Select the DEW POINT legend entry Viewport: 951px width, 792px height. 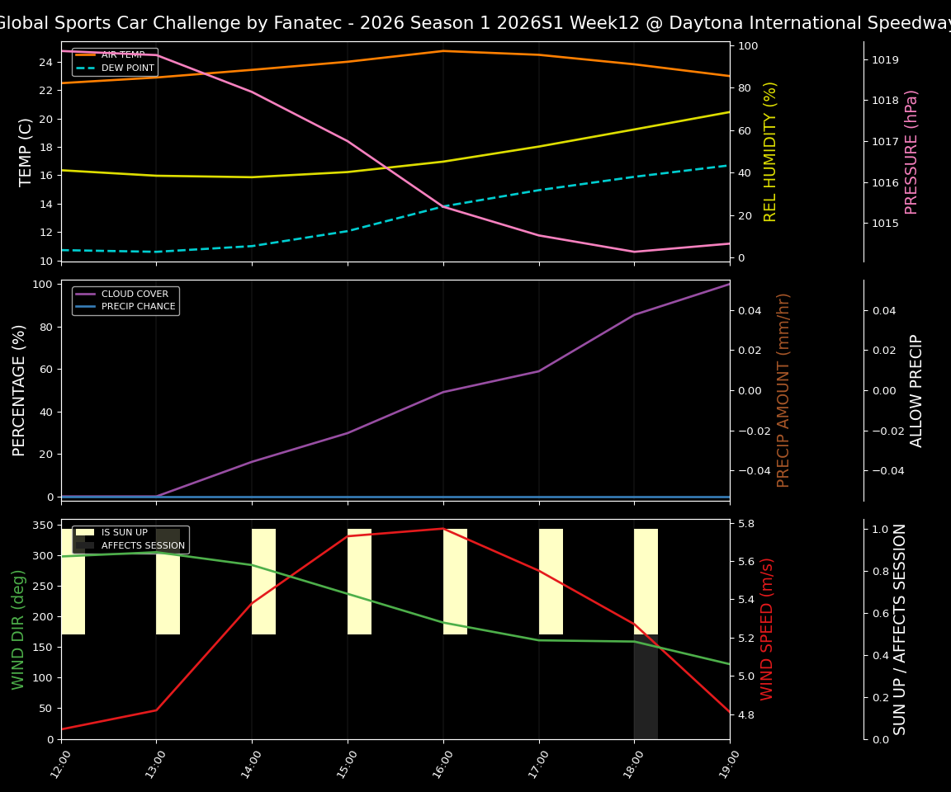pos(127,68)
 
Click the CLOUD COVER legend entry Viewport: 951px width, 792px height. pos(135,294)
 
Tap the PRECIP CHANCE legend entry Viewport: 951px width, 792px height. pos(138,307)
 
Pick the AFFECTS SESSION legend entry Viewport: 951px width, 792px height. pos(143,545)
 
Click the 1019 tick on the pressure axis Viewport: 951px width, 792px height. pos(885,60)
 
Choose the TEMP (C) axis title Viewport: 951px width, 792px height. pos(26,152)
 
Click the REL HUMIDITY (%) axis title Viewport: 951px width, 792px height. pos(771,152)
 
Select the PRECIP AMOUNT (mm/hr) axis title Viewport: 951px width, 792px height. pos(784,390)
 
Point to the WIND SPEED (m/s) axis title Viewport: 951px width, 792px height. pos(768,629)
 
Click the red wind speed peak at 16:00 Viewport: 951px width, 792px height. pos(443,529)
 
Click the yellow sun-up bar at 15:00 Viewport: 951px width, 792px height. pos(359,582)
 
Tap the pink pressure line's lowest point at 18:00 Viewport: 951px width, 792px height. pos(634,252)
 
